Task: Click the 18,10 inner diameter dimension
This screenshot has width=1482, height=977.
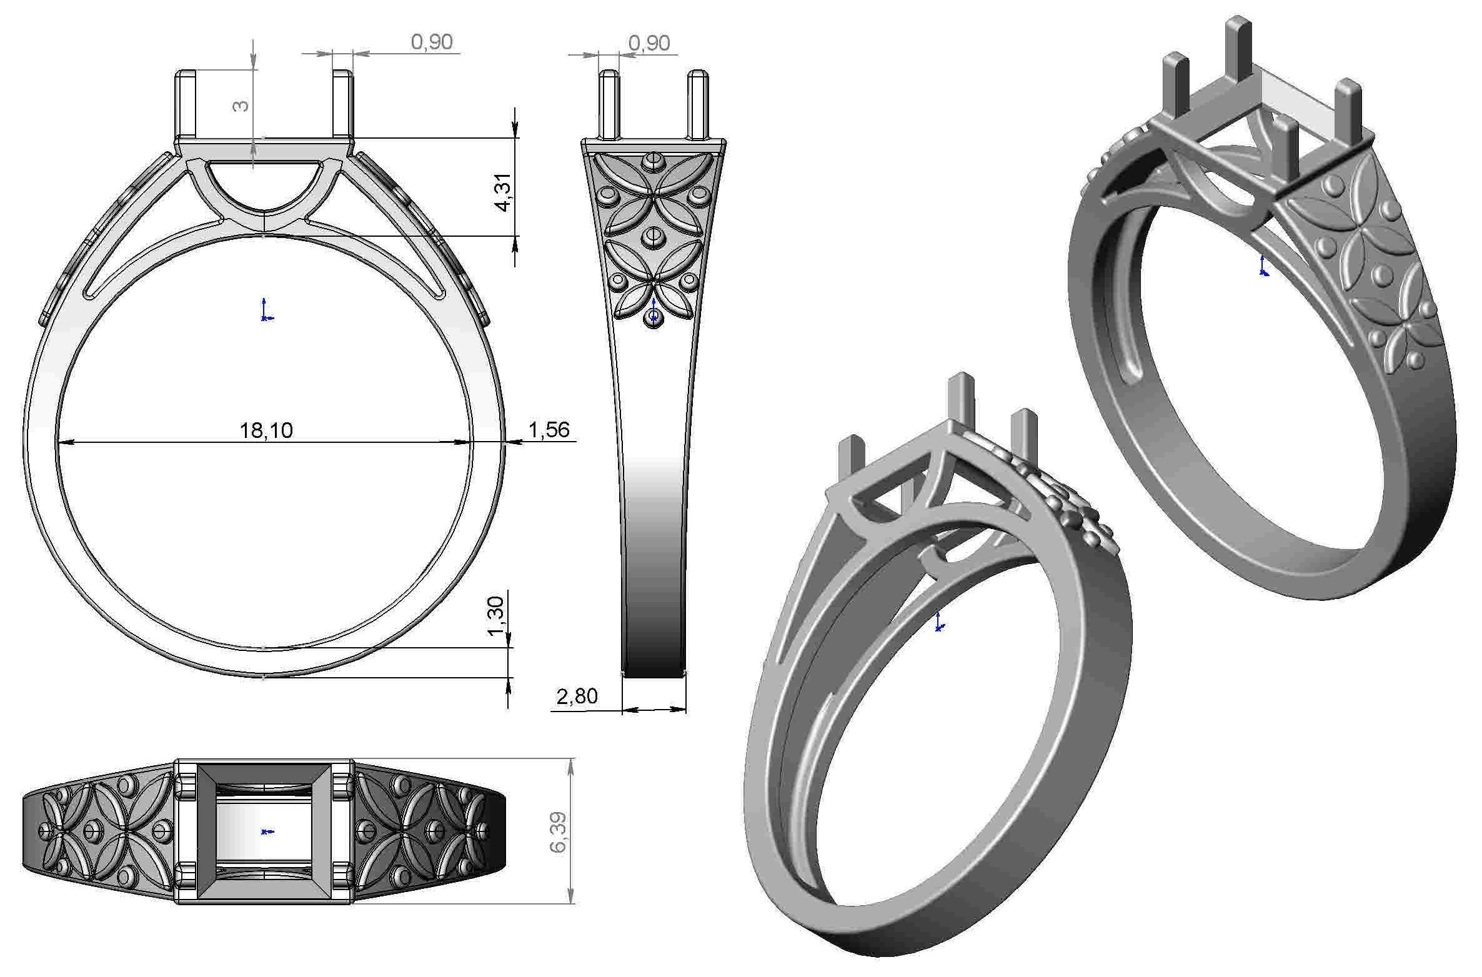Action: coord(266,430)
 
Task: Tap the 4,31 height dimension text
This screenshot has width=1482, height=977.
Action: coord(504,192)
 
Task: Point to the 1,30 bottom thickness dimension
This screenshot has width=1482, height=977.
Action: coord(495,615)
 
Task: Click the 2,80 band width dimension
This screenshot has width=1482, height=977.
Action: coord(577,695)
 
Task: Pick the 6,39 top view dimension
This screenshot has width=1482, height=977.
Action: coord(558,831)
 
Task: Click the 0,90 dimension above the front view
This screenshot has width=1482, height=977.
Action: coord(432,42)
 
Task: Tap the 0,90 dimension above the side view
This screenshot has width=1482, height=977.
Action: coord(649,42)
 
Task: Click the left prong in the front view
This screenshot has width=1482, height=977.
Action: coord(186,105)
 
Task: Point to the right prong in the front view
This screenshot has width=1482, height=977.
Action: coord(341,105)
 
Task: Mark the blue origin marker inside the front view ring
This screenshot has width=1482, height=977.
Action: coord(266,310)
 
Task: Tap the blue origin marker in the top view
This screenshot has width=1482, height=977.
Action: coord(267,831)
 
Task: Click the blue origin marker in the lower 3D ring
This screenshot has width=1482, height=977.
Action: coord(938,623)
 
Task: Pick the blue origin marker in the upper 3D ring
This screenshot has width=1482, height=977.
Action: coord(1263,266)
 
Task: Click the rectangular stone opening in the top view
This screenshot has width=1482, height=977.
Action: coord(263,831)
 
